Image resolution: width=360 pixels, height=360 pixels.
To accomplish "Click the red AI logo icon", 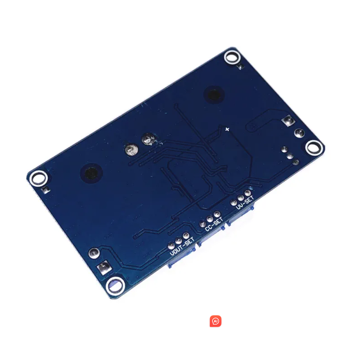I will [216, 321].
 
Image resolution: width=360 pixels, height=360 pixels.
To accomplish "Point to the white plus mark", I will [227, 129].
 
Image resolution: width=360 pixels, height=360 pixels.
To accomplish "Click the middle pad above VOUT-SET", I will [179, 241].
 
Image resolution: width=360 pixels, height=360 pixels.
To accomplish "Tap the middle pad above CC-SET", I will [210, 219].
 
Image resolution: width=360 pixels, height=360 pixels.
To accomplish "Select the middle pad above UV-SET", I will [241, 197].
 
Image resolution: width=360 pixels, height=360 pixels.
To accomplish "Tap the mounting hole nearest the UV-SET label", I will [314, 148].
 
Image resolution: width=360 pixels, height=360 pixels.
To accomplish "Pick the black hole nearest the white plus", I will [214, 94].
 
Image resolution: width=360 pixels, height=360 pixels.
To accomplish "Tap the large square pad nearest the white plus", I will [288, 121].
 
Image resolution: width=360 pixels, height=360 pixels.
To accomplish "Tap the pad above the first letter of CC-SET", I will [202, 224].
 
